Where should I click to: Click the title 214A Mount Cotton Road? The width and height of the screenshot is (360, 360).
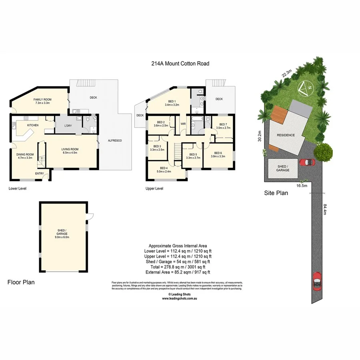coord(180,63)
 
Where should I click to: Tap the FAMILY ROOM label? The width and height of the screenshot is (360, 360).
coord(42,100)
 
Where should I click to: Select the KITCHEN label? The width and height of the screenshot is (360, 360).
coord(32,126)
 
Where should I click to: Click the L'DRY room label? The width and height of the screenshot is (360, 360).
coord(68,126)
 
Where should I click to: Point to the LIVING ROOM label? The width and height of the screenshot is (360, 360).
coord(70,149)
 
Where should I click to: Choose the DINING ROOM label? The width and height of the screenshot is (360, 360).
coord(25,154)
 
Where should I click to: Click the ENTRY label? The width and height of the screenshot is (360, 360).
coord(40,173)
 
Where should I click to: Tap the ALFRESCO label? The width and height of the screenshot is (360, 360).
coord(115,140)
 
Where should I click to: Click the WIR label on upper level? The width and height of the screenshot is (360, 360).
coord(183,124)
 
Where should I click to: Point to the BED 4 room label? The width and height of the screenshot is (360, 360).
coord(164,168)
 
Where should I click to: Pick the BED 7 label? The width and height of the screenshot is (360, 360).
coord(223,124)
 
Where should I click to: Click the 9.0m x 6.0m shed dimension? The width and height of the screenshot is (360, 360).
coord(63,237)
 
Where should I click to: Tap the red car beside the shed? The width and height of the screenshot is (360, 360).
coord(307,162)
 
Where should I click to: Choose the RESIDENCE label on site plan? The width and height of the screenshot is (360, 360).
coord(286,135)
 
